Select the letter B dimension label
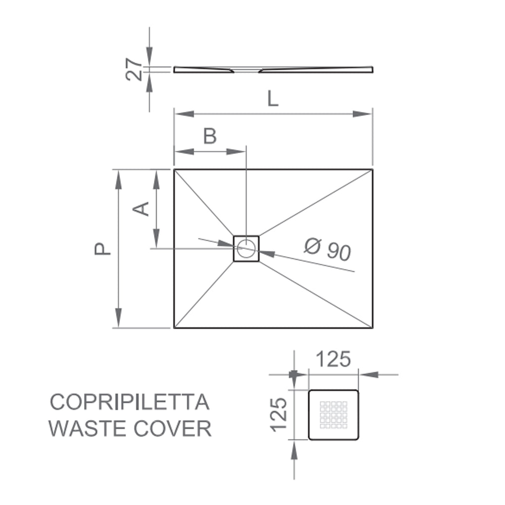(x=210, y=136)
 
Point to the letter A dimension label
(x=142, y=209)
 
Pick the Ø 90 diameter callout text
(x=327, y=250)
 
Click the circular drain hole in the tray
(x=246, y=248)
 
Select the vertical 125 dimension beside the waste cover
(x=279, y=413)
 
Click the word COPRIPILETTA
(x=130, y=402)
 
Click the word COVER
(x=173, y=428)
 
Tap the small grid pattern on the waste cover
(x=333, y=414)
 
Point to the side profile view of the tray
(x=273, y=70)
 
